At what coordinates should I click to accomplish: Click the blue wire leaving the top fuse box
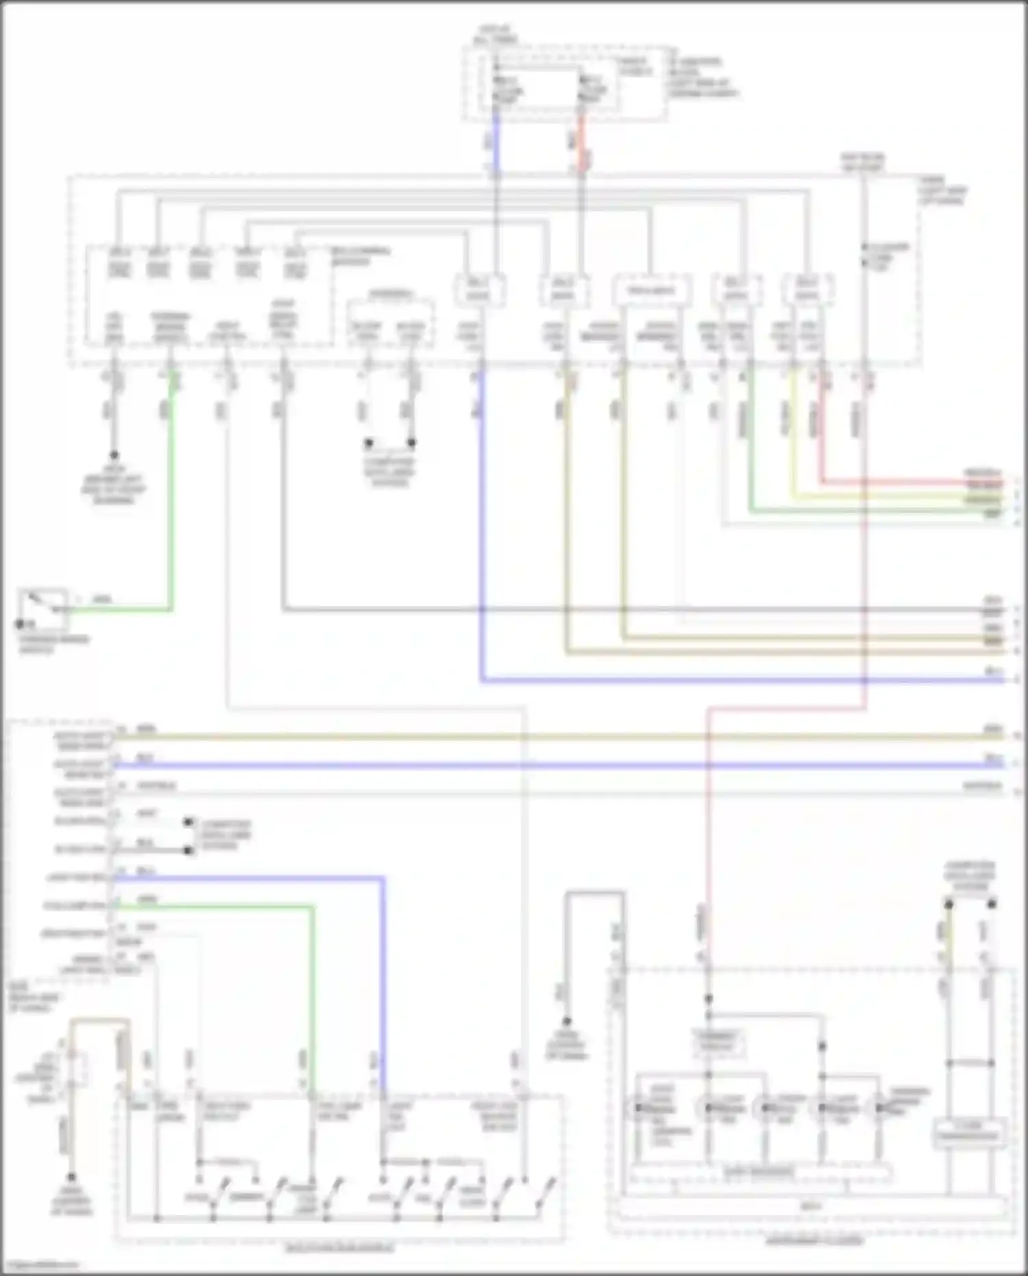pyautogui.click(x=496, y=144)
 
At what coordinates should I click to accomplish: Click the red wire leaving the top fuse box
pyautogui.click(x=581, y=144)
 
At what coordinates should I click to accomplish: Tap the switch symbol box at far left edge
pyautogui.click(x=43, y=608)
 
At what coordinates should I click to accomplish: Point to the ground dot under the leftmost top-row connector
pyautogui.click(x=114, y=455)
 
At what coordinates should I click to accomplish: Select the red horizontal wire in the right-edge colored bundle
pyautogui.click(x=911, y=482)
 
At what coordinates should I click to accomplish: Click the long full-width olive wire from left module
pyautogui.click(x=548, y=736)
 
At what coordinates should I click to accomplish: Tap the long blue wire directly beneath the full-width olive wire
pyautogui.click(x=548, y=765)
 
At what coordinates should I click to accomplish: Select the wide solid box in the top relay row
pyautogui.click(x=650, y=291)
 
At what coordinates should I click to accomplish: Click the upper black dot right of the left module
pyautogui.click(x=188, y=822)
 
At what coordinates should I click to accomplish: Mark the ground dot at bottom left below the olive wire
pyautogui.click(x=71, y=1177)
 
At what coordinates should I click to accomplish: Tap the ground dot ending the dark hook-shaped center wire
pyautogui.click(x=567, y=1021)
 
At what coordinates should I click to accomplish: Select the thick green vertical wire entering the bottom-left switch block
pyautogui.click(x=314, y=994)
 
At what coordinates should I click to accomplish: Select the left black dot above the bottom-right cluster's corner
pyautogui.click(x=949, y=904)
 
